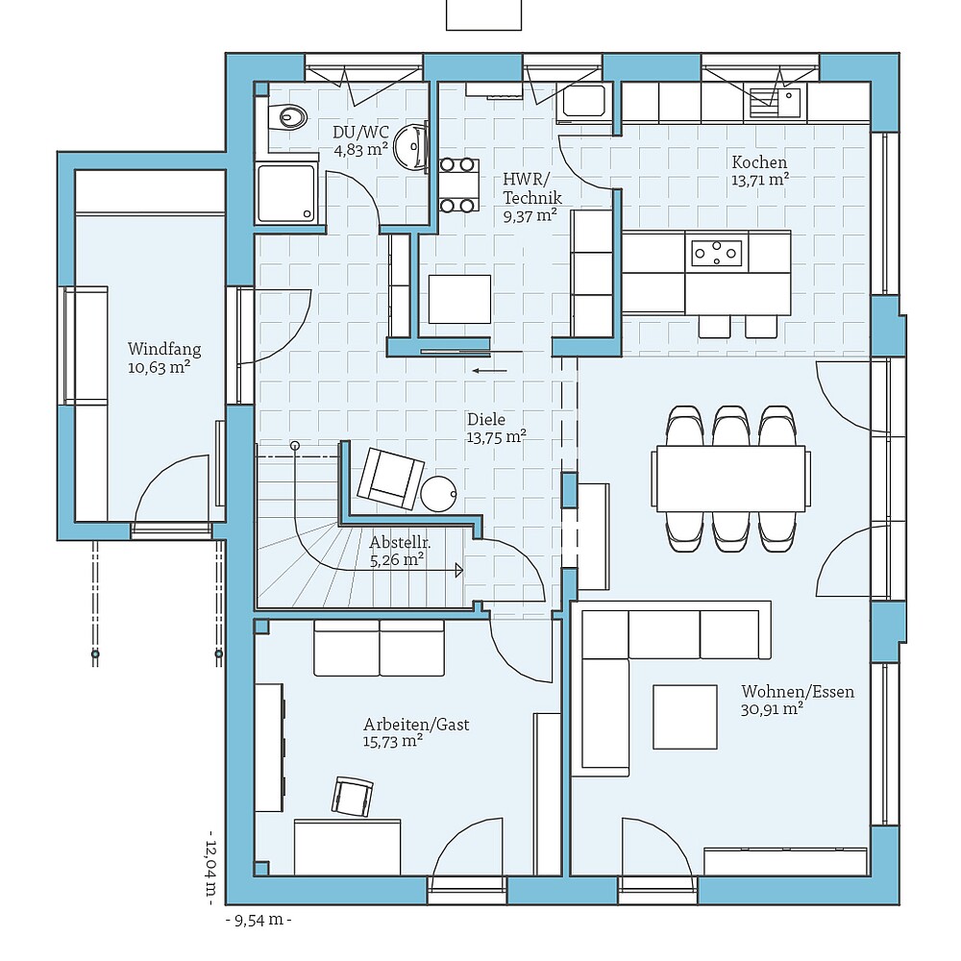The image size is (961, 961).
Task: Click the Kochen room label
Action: tap(758, 162)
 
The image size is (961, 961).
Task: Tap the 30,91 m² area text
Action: tap(772, 709)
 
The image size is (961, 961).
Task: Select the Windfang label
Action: tap(164, 350)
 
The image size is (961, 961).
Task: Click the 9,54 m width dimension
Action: tap(258, 920)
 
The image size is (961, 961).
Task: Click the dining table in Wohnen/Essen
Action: tap(729, 478)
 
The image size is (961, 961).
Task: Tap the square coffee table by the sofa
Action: tap(684, 716)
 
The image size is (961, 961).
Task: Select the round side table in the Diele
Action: tap(438, 493)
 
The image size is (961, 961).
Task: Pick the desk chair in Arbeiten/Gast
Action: tap(353, 797)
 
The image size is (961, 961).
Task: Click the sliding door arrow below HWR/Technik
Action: tap(489, 369)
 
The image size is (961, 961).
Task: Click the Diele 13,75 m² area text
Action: tap(496, 436)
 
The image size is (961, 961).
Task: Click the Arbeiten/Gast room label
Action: tap(416, 725)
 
